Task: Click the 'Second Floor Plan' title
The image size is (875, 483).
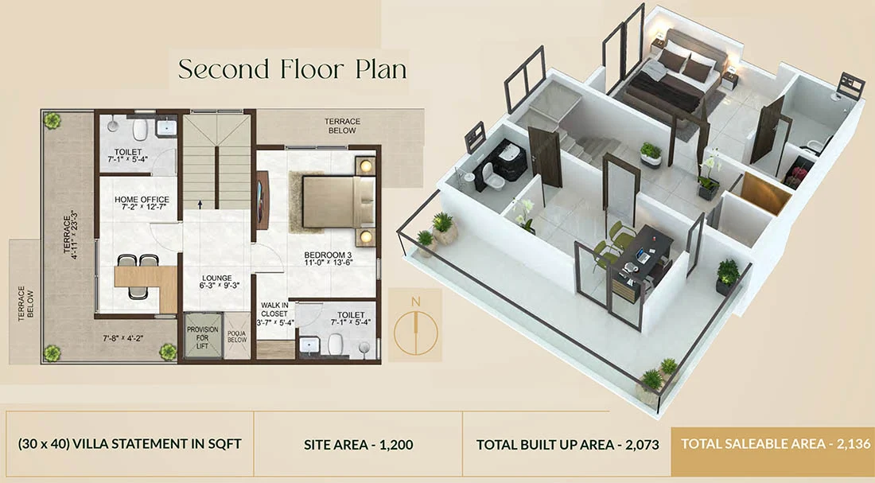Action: tap(292, 69)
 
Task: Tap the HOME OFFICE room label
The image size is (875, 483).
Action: tap(138, 204)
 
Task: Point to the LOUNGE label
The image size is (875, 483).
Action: tap(216, 283)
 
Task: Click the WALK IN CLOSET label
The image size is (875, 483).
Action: tap(274, 314)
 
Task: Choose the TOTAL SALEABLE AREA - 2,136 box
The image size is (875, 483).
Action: tap(772, 443)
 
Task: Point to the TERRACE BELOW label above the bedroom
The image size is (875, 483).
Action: tap(342, 126)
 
